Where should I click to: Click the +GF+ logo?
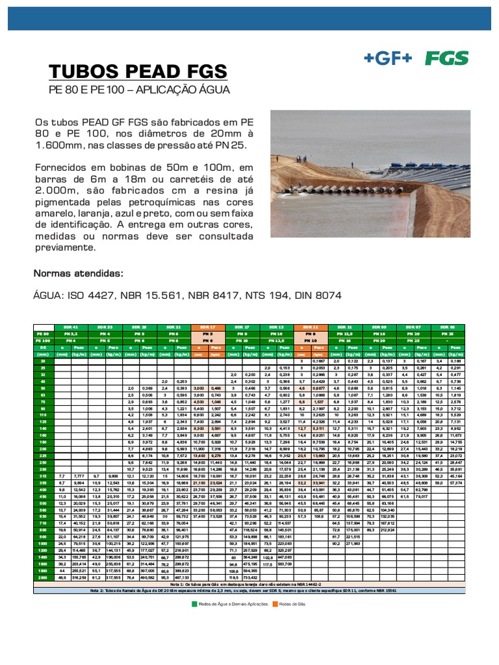click(x=389, y=58)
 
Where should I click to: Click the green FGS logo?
click(x=446, y=58)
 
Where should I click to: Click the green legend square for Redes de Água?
click(x=194, y=604)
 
